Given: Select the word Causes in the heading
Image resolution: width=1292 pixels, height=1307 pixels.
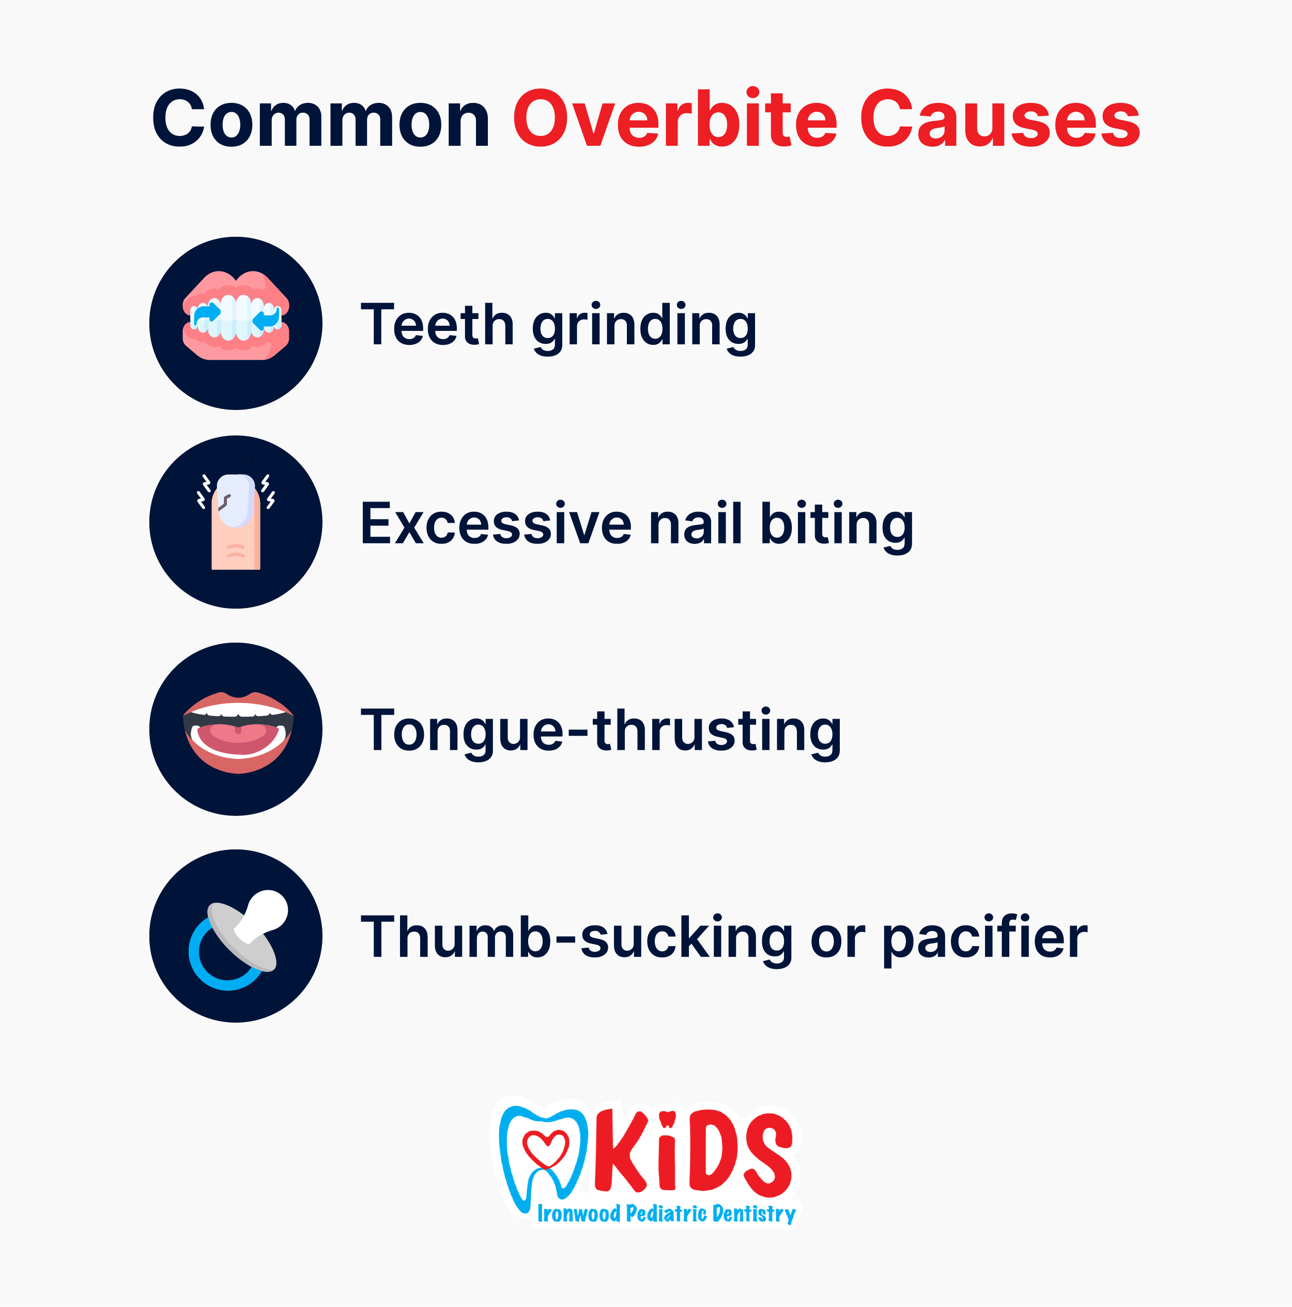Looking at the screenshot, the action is [x=1000, y=118].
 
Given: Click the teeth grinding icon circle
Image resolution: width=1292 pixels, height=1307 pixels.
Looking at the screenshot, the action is [x=236, y=323].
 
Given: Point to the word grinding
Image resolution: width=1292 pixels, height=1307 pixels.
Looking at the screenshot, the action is [x=644, y=327].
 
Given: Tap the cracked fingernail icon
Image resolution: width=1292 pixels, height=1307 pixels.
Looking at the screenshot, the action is [x=236, y=522].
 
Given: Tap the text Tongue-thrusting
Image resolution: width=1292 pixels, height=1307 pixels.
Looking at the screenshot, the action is [x=601, y=733].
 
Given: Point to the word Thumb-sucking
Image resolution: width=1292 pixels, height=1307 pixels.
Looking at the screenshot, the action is [x=577, y=939].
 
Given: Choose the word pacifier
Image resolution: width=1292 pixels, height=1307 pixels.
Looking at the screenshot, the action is [x=985, y=939].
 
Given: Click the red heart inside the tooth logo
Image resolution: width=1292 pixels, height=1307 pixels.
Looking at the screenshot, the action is [x=546, y=1149].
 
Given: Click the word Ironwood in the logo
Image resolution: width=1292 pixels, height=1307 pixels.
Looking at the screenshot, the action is [x=579, y=1213].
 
